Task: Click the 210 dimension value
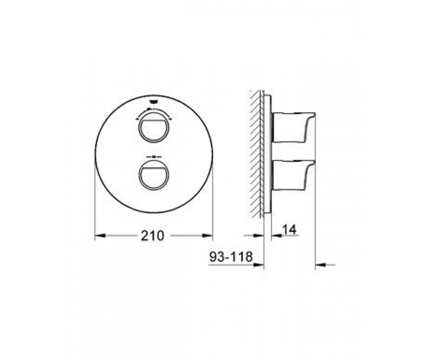point(152,235)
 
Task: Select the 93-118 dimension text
point(231,257)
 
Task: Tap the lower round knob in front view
point(153,174)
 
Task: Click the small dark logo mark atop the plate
point(153,102)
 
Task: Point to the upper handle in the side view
point(293,127)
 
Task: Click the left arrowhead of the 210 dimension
point(100,235)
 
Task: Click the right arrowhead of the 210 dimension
point(207,235)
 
